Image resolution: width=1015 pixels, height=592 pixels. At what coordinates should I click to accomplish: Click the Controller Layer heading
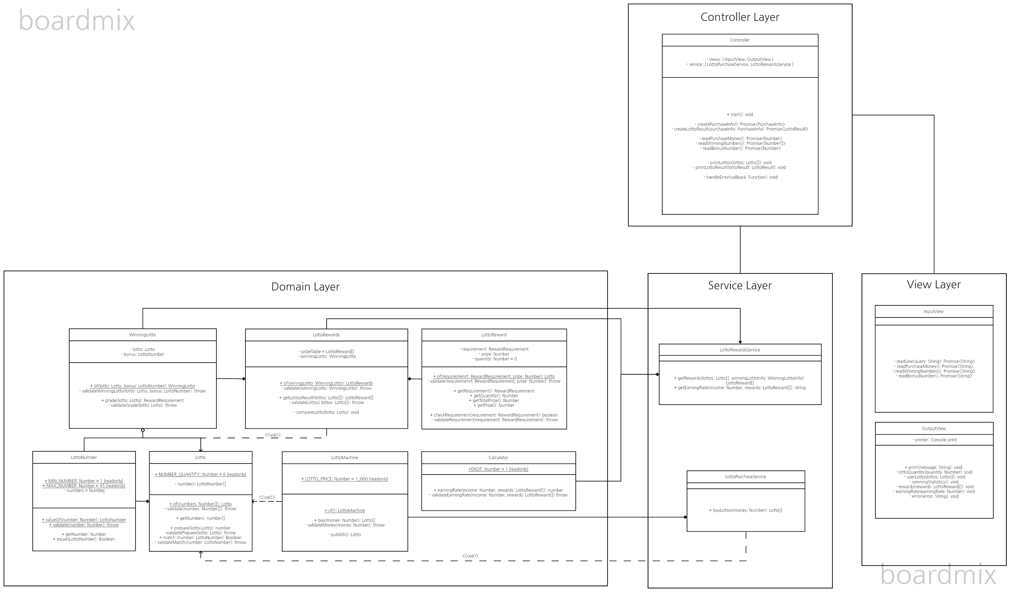click(740, 17)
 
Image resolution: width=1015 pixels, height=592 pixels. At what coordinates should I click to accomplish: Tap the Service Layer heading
click(740, 285)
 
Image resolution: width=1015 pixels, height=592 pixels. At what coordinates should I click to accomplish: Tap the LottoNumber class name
click(84, 457)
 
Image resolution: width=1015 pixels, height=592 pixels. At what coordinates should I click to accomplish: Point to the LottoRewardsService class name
click(740, 350)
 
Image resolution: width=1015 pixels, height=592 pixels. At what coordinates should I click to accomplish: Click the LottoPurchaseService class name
click(746, 477)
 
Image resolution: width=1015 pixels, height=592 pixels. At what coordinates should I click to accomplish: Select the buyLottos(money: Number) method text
click(746, 511)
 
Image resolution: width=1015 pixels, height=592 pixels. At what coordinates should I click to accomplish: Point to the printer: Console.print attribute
click(935, 440)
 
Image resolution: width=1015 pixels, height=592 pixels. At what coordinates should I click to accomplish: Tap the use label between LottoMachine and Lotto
click(267, 497)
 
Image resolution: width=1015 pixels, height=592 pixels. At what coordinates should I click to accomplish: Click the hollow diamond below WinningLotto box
click(143, 431)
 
